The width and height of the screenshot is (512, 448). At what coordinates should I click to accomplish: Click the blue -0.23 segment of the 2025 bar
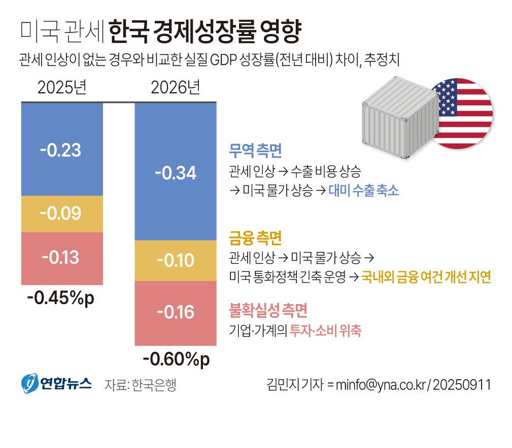point(62,150)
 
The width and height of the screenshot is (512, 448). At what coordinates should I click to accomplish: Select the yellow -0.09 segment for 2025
point(62,213)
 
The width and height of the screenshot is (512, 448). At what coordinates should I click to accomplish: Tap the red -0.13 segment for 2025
point(62,258)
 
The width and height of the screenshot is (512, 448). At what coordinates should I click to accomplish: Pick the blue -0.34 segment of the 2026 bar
point(176,172)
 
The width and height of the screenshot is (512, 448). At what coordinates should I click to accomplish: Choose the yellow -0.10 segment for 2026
point(176,260)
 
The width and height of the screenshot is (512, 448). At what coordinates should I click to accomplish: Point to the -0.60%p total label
point(176,359)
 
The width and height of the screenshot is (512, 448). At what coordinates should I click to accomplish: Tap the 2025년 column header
point(62,88)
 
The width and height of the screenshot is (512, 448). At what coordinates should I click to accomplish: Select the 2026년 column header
point(176,88)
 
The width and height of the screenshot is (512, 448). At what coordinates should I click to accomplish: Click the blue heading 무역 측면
point(255,151)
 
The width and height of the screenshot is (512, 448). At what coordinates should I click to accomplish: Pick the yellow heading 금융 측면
point(255,238)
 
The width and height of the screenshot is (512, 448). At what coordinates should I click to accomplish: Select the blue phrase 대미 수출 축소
point(363,191)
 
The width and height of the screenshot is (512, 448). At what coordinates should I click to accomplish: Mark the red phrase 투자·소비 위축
point(325,331)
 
